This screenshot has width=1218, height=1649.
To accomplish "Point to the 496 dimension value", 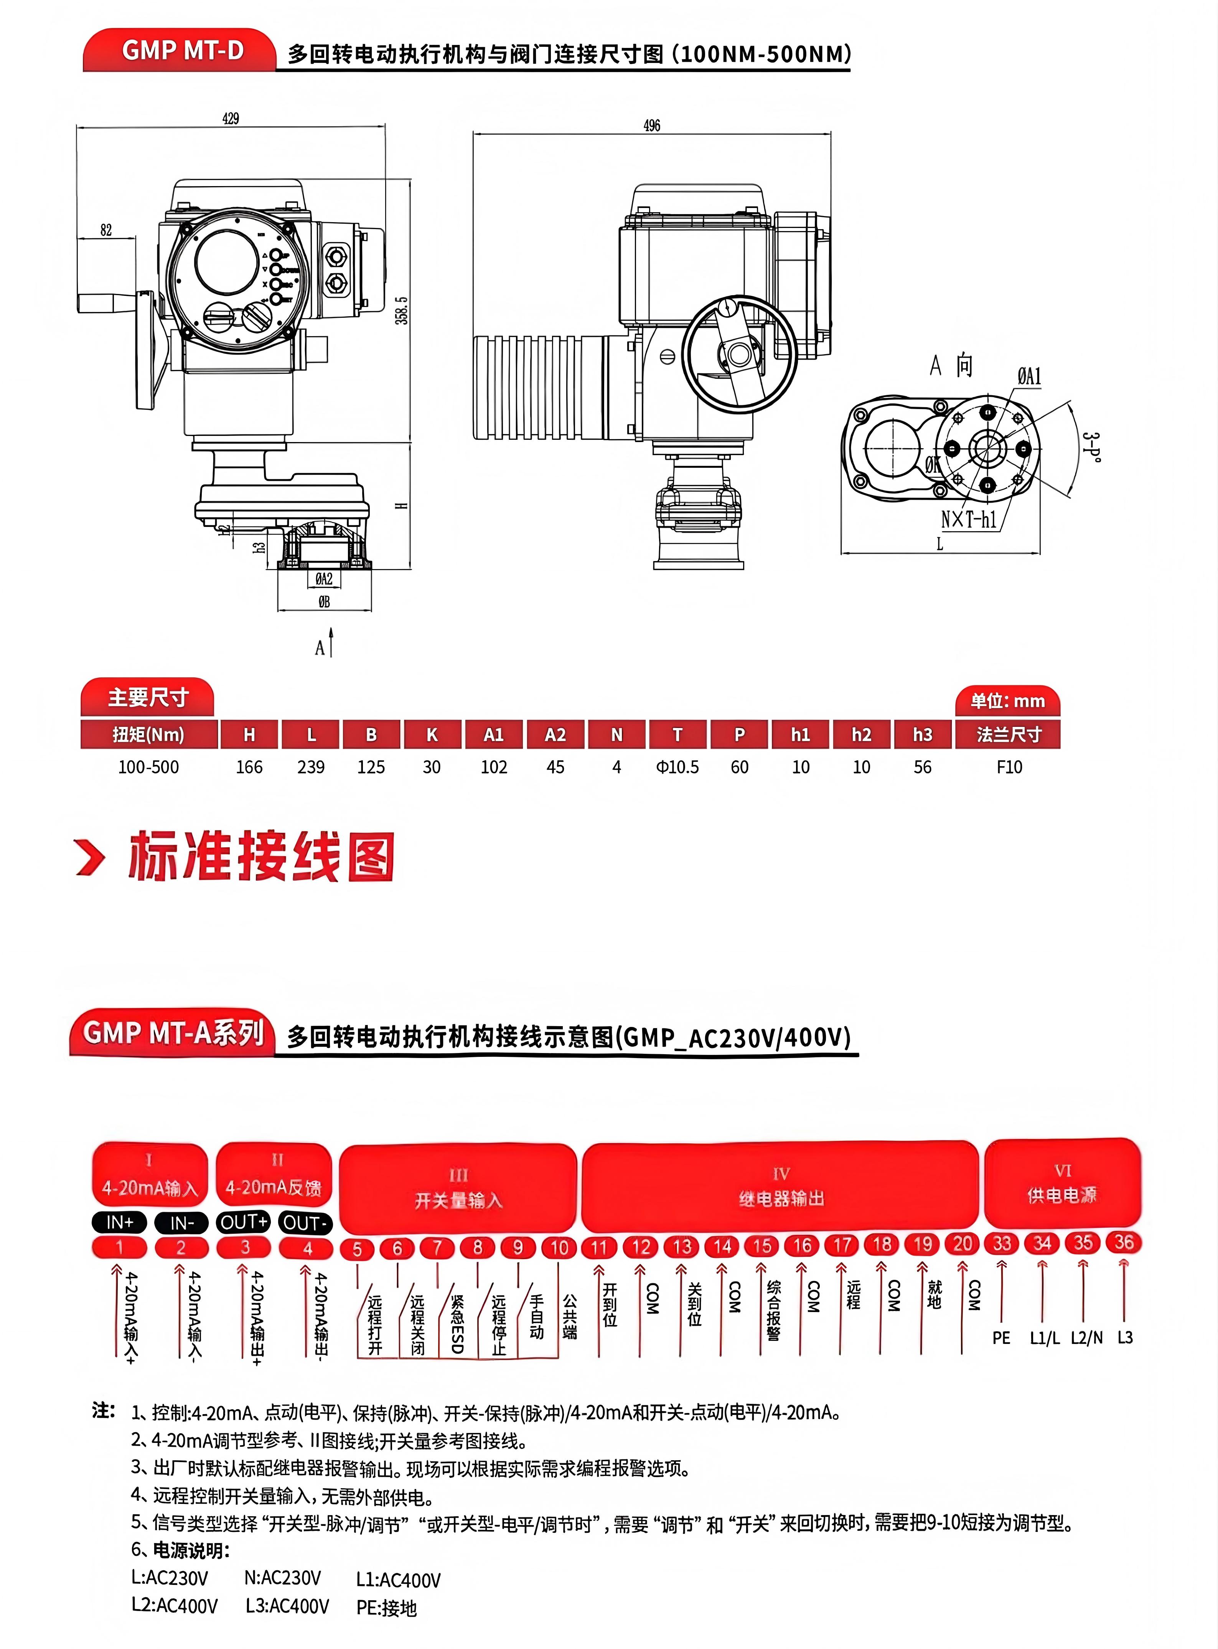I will coord(652,125).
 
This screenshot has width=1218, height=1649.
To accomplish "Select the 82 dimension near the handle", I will coord(106,230).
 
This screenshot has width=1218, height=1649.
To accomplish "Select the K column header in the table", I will coord(432,735).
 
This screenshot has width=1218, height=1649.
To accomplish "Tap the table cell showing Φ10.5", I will coord(677,767).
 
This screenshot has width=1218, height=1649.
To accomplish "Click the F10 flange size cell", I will coord(1009,767).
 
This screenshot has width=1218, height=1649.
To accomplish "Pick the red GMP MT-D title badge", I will coord(182,50).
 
